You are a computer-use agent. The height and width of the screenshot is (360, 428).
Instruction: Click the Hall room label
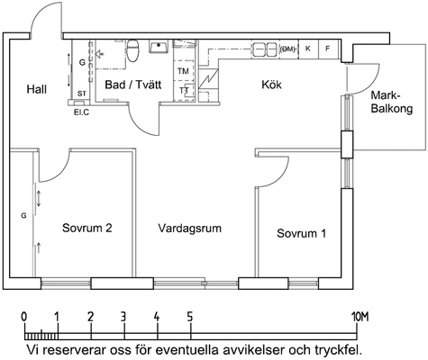pos(37,89)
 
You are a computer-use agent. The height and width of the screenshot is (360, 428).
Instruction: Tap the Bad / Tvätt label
pos(133,85)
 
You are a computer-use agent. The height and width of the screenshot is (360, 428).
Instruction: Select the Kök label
pos(271,85)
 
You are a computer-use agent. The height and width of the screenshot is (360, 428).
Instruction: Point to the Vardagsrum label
pos(190,228)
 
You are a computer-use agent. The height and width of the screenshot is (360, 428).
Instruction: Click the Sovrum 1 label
pos(301,233)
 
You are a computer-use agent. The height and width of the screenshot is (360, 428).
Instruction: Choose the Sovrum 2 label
pos(87,228)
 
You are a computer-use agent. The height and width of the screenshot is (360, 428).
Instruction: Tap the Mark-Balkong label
pos(392,102)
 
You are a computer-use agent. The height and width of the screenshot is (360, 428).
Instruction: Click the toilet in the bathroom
pos(132,50)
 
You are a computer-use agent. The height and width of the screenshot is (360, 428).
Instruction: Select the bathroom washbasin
pos(159,47)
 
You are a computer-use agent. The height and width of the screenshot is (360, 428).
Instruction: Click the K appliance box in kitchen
pos(308,49)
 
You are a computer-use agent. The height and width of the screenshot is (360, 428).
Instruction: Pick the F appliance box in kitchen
pos(328,49)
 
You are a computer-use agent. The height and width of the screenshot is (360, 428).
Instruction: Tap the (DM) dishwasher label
pos(287,49)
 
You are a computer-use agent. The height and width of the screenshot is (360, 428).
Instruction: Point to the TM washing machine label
pos(183,71)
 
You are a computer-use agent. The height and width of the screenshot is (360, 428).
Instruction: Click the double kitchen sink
pos(265,49)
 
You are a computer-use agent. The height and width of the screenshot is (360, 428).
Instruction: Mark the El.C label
pos(82,112)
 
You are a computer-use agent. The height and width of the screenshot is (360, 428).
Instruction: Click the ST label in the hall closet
pos(82,94)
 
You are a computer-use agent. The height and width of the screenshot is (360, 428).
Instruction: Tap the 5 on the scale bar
pos(189,317)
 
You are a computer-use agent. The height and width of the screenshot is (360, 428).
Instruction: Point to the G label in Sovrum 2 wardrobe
pos(23,215)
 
